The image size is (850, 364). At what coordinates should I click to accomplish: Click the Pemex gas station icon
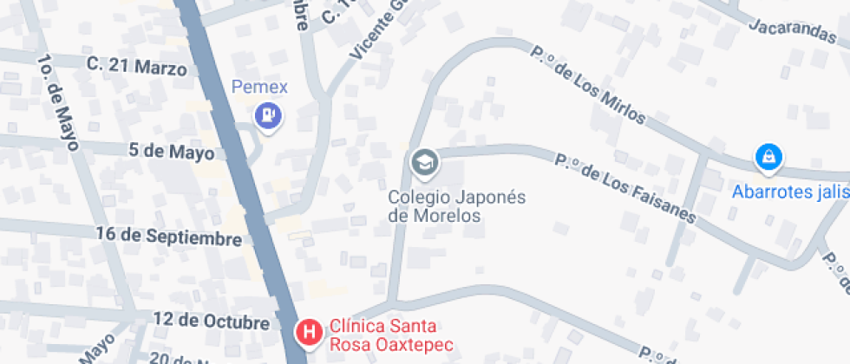click(268, 114)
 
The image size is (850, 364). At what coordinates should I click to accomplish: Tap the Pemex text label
click(259, 88)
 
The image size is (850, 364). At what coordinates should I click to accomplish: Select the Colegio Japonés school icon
click(424, 162)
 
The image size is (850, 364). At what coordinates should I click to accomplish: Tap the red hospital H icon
click(308, 331)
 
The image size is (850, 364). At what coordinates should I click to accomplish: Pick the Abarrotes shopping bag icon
click(768, 157)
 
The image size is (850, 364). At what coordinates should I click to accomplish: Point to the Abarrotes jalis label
click(790, 192)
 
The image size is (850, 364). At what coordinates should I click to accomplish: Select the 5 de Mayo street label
click(171, 153)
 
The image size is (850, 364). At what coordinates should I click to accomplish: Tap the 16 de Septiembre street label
click(169, 237)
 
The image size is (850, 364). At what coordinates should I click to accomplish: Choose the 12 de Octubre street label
click(211, 322)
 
